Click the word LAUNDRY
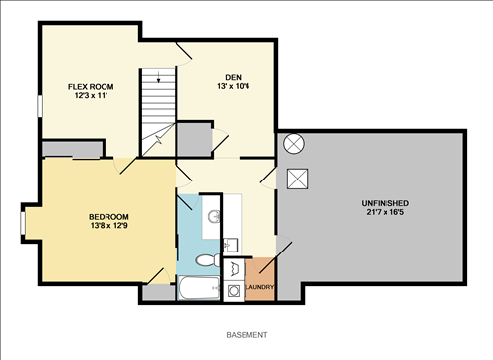(259, 288)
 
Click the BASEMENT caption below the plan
(246, 335)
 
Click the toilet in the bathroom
(206, 261)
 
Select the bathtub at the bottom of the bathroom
(199, 289)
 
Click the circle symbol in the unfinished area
(294, 144)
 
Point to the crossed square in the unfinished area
(296, 179)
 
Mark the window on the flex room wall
(40, 105)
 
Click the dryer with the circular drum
(232, 290)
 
